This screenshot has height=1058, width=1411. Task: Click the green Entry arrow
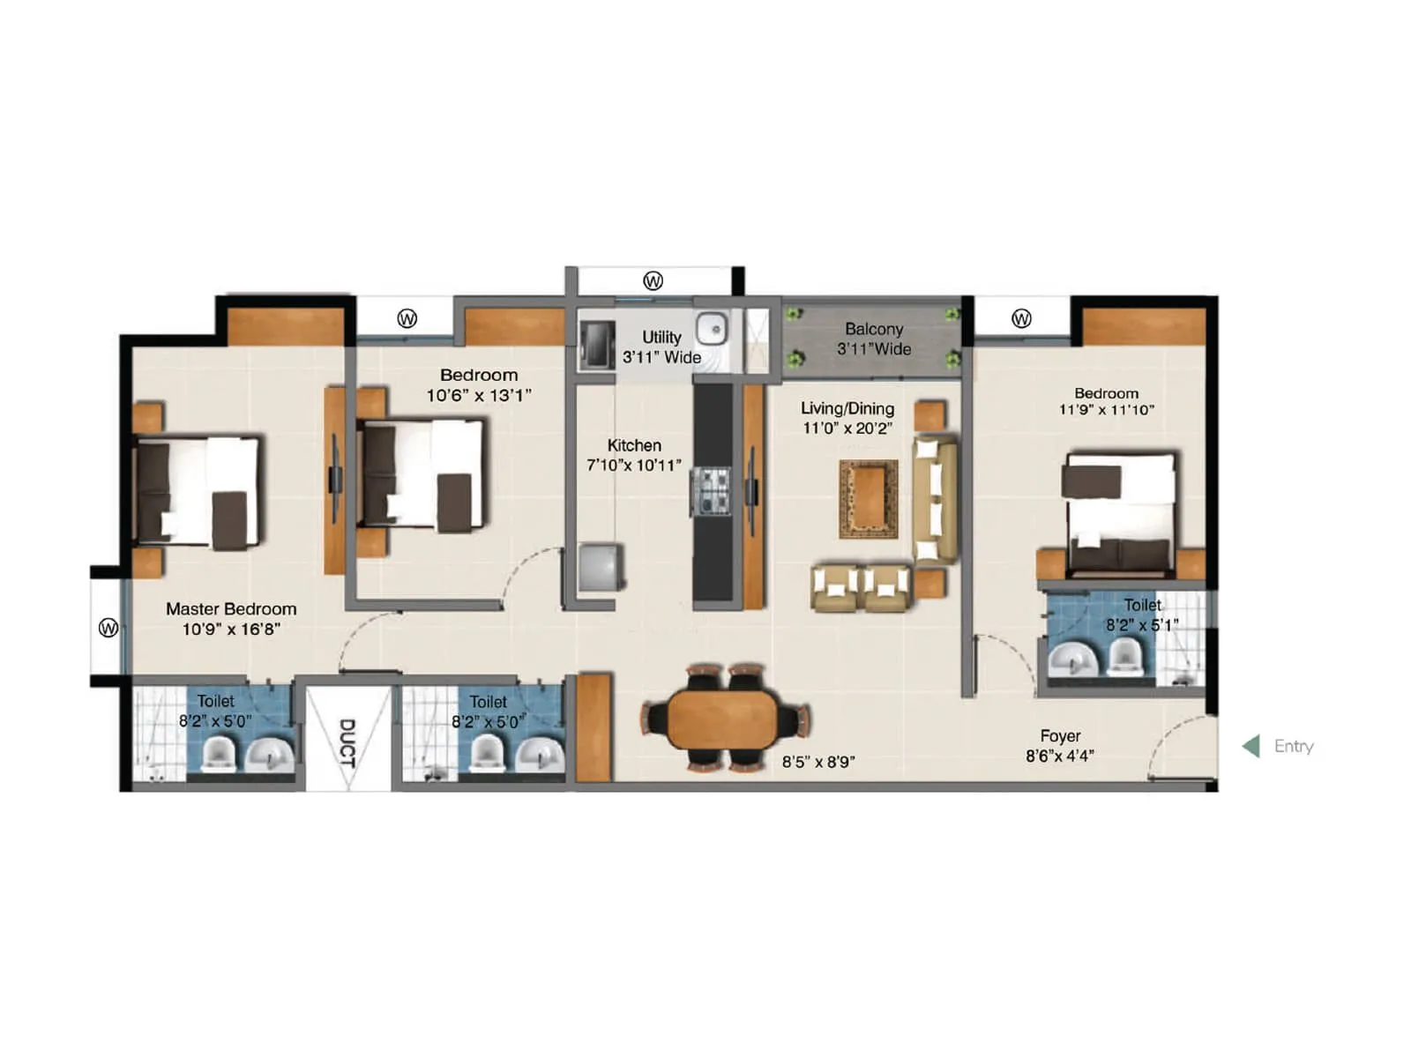point(1251,747)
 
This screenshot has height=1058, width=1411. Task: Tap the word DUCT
point(347,742)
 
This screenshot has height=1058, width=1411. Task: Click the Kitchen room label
point(633,445)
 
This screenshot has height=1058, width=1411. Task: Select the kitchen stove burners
point(711,491)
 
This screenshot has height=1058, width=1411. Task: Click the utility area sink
point(712,330)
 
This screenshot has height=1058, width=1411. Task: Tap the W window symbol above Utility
point(653,281)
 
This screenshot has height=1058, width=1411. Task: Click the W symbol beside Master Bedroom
point(108,628)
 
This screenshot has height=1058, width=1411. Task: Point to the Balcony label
point(873,329)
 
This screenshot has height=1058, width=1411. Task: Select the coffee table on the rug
point(869,498)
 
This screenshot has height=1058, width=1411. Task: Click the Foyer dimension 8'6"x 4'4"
point(1059,756)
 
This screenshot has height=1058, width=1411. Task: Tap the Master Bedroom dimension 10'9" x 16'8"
point(231,629)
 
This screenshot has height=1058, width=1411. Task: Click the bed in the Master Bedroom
point(198,492)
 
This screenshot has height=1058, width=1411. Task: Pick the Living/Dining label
point(847,408)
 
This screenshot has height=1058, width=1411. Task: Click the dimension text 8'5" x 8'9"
point(817,762)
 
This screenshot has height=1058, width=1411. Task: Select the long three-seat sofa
point(935,498)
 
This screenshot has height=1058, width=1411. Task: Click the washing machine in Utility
point(597,345)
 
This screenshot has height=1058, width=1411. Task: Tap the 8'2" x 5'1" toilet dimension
point(1141,625)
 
